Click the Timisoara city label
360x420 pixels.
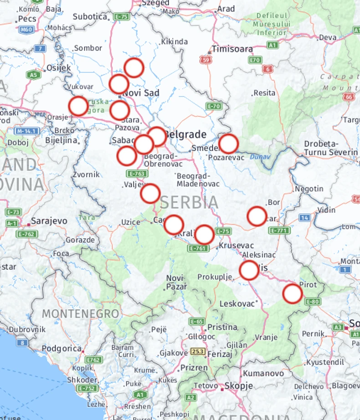click(232, 49)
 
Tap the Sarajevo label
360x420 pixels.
click(49, 220)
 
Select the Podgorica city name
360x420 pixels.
click(62, 348)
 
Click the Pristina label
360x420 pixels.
click(222, 327)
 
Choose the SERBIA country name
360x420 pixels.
click(189, 202)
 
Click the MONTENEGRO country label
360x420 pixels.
click(80, 313)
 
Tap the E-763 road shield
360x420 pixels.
click(137, 174)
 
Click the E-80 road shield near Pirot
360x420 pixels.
click(313, 301)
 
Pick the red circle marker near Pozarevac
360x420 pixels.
click(228, 143)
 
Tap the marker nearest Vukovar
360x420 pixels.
click(78, 106)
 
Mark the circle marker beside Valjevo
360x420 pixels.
click(150, 194)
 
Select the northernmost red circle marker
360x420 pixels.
click(134, 68)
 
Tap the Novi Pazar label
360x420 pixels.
click(175, 282)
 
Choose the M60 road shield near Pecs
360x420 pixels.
click(27, 30)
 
